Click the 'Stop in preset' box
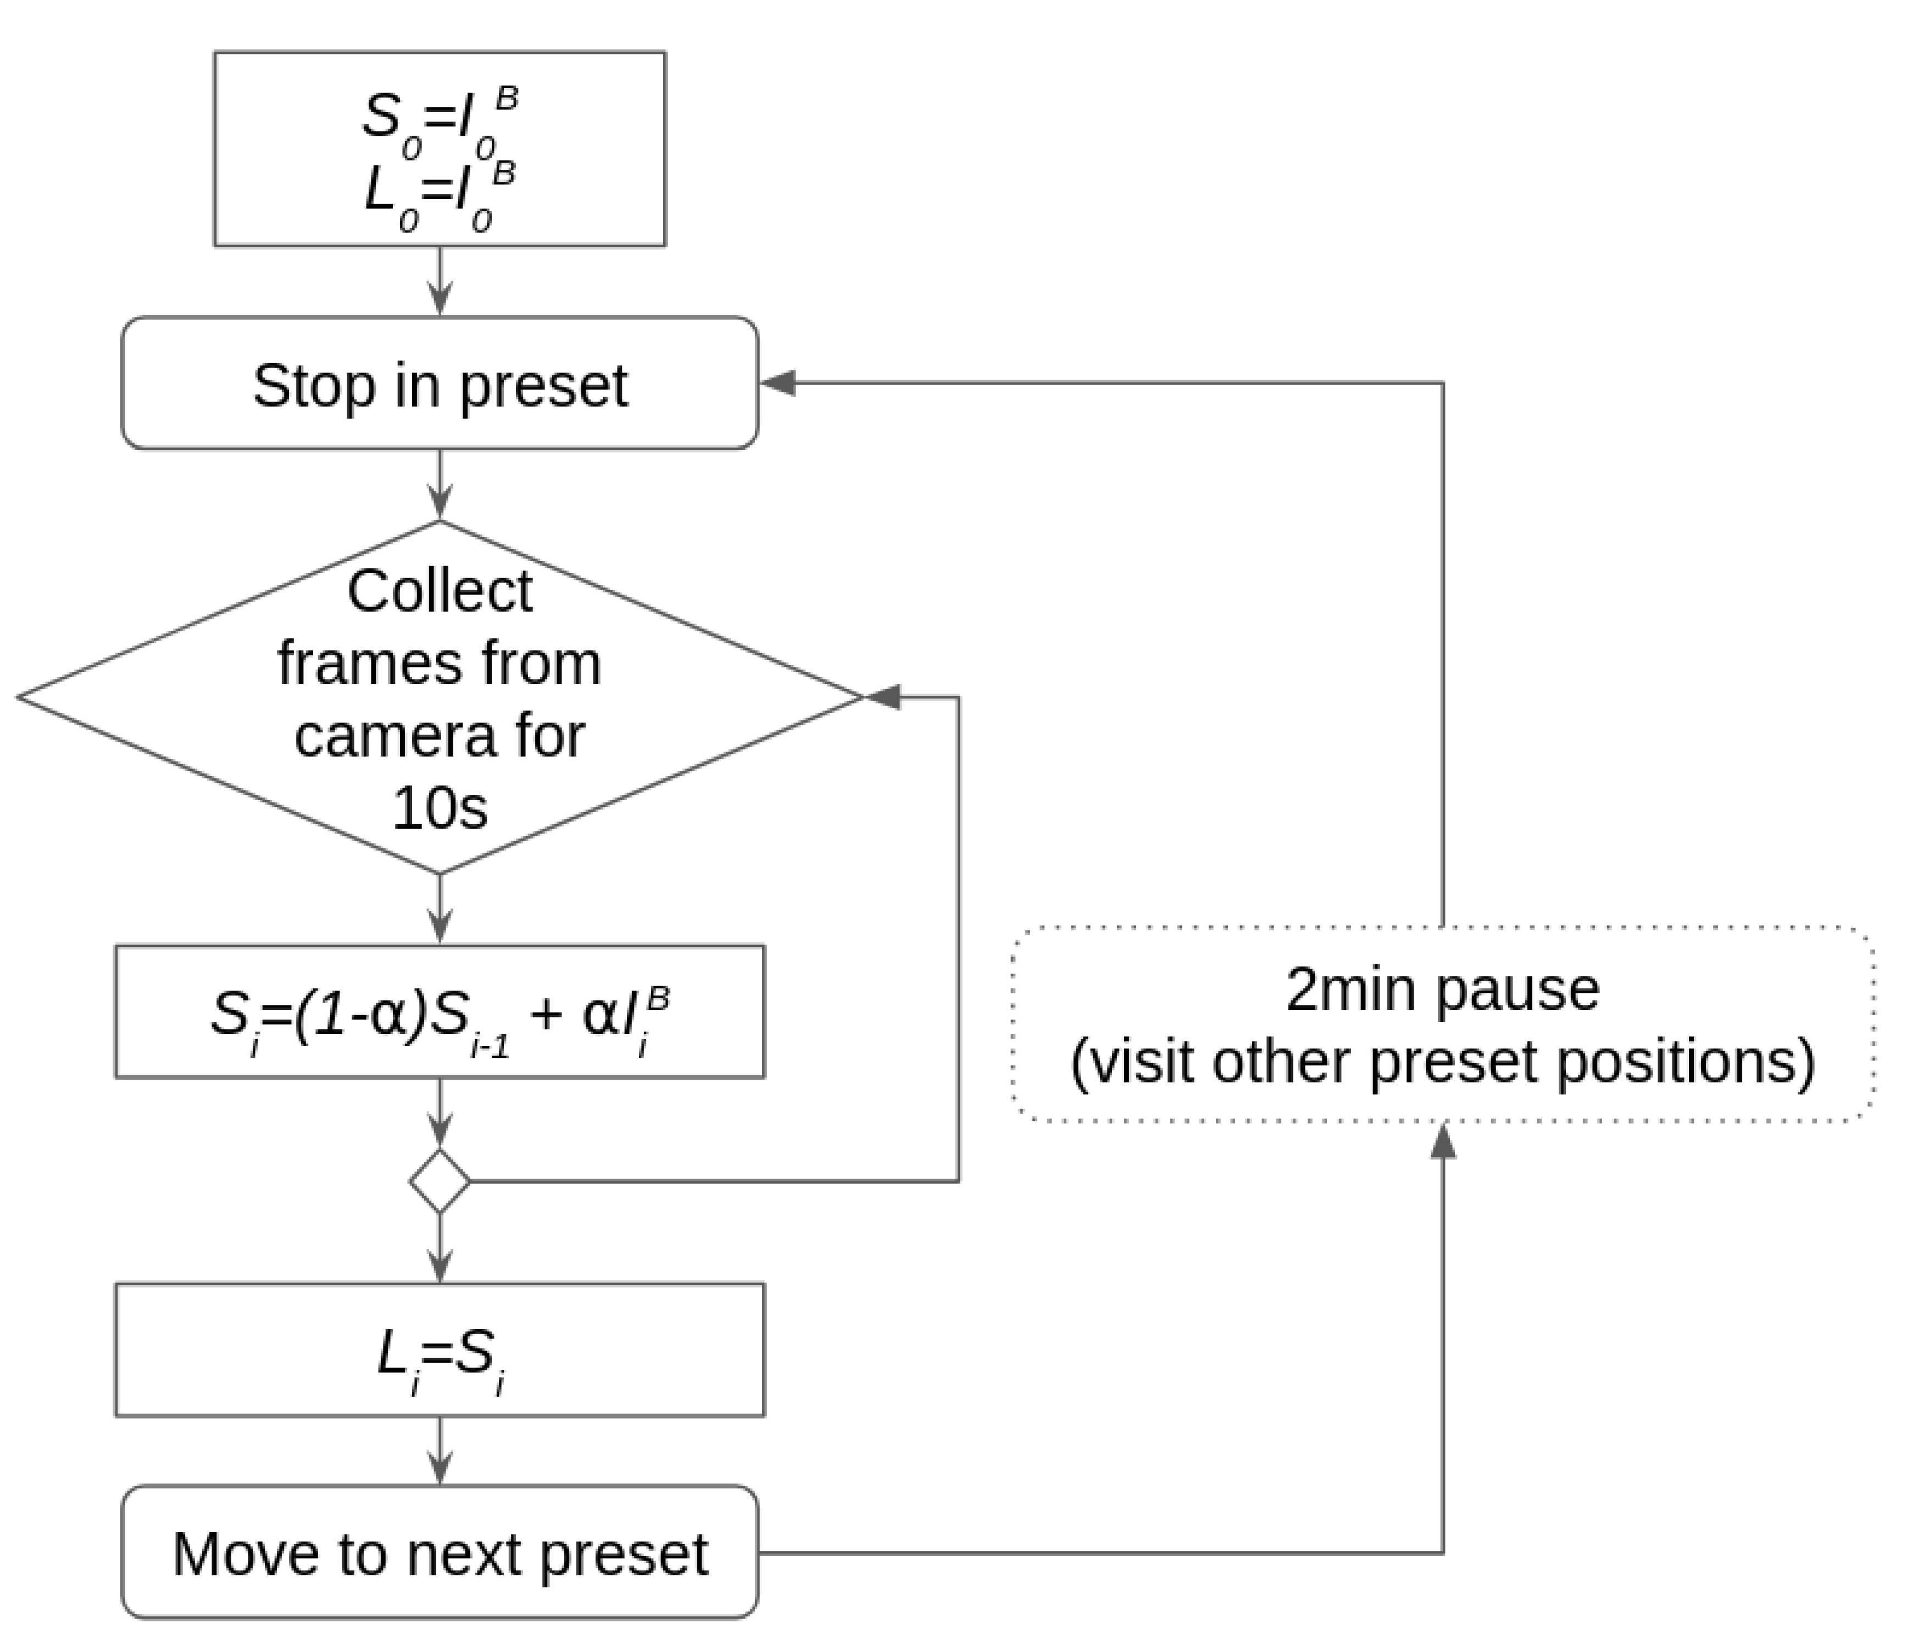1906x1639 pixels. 439,384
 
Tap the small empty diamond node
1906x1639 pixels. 440,1181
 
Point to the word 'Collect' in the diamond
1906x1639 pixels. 440,591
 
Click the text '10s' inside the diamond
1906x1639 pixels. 440,808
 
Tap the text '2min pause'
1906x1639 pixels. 1442,990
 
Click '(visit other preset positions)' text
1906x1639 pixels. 1442,1062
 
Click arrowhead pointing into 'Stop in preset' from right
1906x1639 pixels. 778,384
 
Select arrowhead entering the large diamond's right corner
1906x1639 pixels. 883,697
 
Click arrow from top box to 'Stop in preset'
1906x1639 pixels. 440,281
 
